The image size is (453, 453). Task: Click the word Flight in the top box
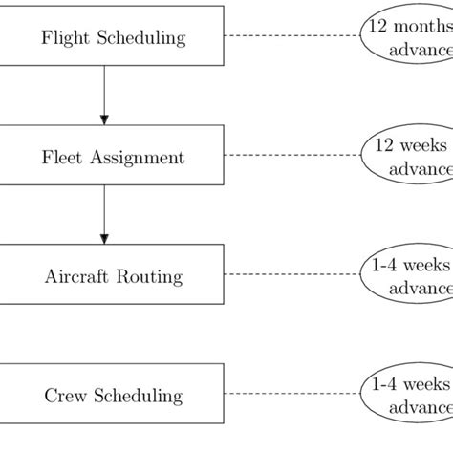[62, 38]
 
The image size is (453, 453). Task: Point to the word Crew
[62, 396]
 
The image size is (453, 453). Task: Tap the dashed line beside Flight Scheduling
[291, 37]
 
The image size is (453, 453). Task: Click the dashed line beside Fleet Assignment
[291, 156]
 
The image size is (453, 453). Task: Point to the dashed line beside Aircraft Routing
[291, 275]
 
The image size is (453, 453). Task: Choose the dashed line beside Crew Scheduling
[291, 394]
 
